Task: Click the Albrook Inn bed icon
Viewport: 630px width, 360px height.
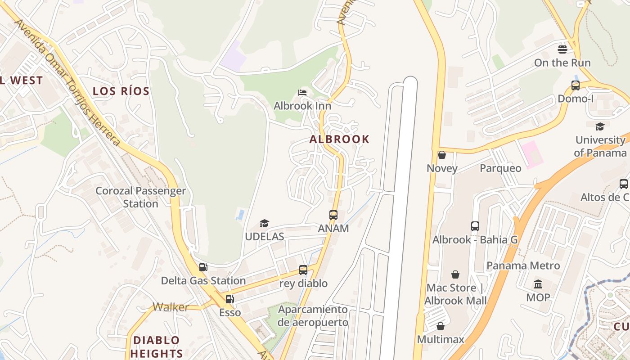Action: (302, 93)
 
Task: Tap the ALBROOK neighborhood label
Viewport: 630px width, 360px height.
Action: (339, 139)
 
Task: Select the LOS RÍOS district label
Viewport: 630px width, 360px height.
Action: (121, 91)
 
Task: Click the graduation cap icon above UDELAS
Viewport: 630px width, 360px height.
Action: (264, 223)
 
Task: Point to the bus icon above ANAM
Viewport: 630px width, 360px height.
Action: (333, 215)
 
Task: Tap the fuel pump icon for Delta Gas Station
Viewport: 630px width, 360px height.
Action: (203, 267)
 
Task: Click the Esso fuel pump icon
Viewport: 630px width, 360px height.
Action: (229, 299)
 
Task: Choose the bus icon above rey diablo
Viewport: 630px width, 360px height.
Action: (303, 270)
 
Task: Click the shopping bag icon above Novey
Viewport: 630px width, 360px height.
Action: (442, 155)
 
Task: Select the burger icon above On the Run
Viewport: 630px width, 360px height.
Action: (562, 49)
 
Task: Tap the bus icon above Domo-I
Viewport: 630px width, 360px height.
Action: (575, 85)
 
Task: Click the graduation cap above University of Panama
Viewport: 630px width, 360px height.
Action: (600, 126)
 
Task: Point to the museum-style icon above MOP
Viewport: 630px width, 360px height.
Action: (538, 284)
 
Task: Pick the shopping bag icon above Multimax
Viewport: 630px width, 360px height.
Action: (441, 326)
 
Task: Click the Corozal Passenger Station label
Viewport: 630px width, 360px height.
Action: (140, 197)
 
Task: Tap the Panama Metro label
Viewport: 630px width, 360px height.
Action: (523, 265)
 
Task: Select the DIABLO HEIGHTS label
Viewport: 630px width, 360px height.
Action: (157, 346)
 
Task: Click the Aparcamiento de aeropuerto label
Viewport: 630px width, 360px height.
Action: (313, 316)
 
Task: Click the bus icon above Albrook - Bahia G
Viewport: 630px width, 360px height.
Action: (475, 226)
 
